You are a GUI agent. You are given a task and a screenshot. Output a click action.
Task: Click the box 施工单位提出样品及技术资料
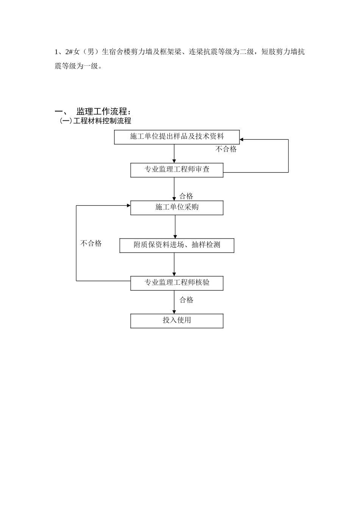177,137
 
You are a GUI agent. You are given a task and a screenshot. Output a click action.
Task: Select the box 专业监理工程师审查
177,170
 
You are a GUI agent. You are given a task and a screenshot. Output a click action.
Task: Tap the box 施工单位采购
177,208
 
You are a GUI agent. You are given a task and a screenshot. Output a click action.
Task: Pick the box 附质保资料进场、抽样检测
177,245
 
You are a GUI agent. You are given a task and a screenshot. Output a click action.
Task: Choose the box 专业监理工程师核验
177,283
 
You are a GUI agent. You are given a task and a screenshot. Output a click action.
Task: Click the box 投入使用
177,320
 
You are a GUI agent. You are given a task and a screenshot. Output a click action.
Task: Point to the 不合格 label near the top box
226,149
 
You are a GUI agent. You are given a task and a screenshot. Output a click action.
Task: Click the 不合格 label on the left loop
91,244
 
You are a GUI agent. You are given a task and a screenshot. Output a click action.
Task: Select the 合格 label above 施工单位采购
186,196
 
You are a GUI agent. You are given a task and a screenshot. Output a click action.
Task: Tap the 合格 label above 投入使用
186,300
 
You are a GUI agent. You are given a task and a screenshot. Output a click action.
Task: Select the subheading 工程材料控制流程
102,121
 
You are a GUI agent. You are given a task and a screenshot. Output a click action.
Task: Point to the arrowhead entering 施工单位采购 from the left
128,206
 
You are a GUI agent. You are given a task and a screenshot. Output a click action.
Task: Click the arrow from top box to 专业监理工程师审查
174,154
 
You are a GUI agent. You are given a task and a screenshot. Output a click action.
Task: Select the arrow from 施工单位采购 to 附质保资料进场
175,226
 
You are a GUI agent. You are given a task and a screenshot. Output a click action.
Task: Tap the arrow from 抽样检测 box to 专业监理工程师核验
174,264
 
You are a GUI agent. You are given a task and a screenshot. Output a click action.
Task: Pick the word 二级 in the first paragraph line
247,52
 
